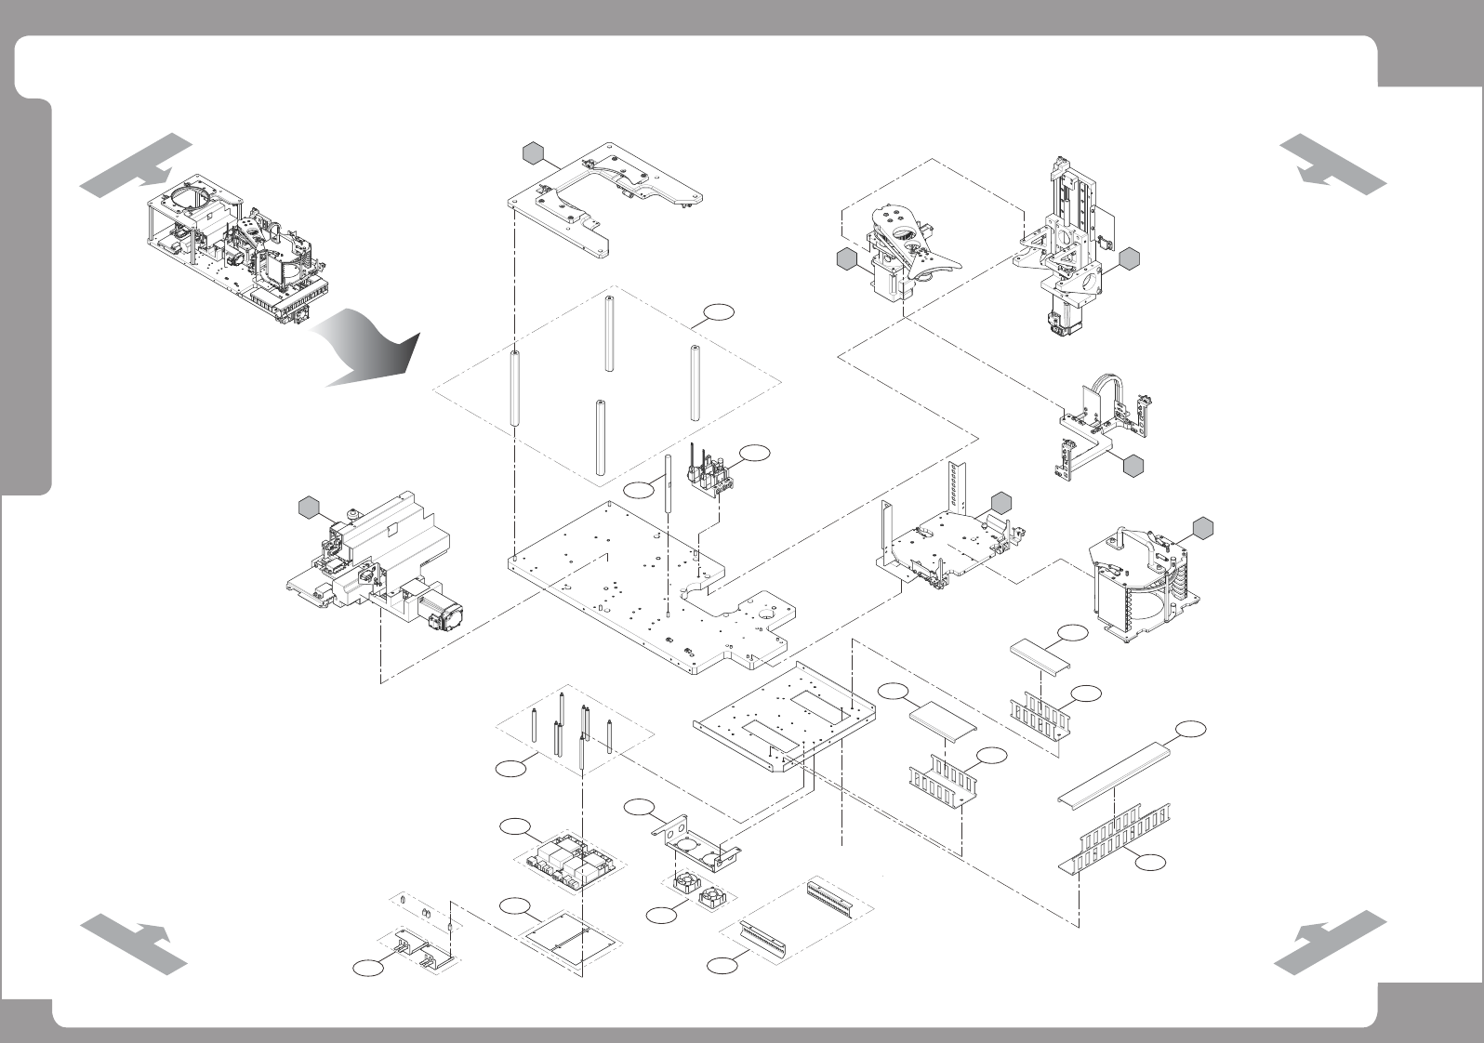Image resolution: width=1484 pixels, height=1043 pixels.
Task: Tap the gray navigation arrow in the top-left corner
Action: pos(135,166)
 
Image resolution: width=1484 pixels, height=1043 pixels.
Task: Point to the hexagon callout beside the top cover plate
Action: pos(532,152)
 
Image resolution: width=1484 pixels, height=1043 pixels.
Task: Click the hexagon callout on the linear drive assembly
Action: pos(310,507)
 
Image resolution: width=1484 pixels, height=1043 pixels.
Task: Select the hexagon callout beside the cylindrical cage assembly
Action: pos(1202,527)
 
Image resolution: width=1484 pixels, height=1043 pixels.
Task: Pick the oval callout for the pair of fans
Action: pos(661,916)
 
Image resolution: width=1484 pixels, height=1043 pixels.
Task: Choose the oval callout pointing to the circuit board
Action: pos(513,826)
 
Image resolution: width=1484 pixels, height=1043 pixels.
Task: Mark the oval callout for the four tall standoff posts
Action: pos(717,313)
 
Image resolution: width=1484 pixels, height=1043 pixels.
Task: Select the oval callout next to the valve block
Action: pos(756,452)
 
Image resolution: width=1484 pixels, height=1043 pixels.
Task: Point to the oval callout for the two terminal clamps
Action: pos(367,970)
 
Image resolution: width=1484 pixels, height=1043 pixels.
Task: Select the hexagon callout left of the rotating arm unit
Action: pos(846,260)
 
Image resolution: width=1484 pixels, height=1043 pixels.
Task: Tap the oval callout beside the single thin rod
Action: pos(639,489)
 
